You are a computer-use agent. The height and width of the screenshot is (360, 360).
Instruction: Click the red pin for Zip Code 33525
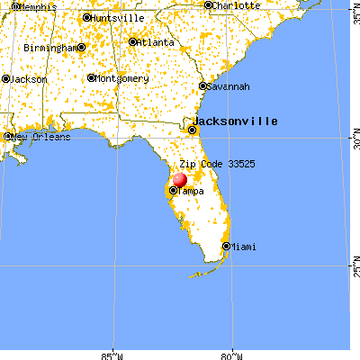point(180,181)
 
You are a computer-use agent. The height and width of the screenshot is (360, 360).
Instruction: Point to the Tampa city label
point(190,191)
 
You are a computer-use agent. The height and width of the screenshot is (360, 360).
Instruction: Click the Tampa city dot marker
point(173,191)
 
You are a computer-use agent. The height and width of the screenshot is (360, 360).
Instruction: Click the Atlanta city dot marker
point(134,41)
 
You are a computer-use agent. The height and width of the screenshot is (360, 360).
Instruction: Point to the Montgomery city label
point(121,78)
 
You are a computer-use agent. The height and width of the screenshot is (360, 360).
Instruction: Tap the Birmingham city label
point(49,48)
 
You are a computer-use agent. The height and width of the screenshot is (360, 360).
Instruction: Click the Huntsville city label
point(115,17)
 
